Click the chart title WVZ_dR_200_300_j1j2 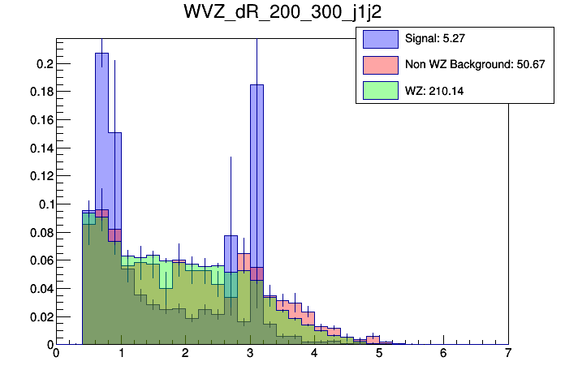click(x=282, y=14)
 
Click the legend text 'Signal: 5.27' click(x=434, y=38)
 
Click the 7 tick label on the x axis click(x=507, y=354)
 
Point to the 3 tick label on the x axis click(x=249, y=354)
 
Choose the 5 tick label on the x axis click(x=378, y=354)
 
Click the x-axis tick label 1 click(x=120, y=354)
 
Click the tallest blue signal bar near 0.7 click(x=101, y=130)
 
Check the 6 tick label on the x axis click(x=443, y=354)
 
